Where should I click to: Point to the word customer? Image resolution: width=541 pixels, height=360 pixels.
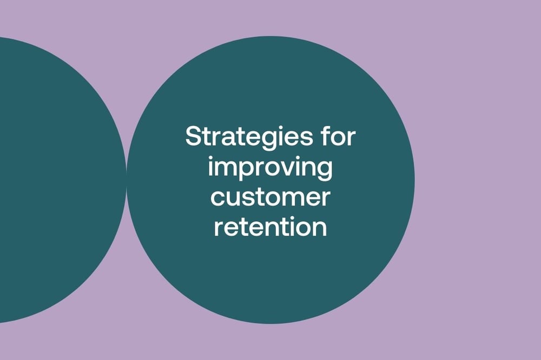point(270,197)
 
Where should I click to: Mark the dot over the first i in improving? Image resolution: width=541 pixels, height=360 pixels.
point(210,158)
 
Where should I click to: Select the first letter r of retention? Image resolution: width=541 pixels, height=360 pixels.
point(219,228)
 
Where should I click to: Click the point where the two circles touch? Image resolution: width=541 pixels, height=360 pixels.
point(126,179)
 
